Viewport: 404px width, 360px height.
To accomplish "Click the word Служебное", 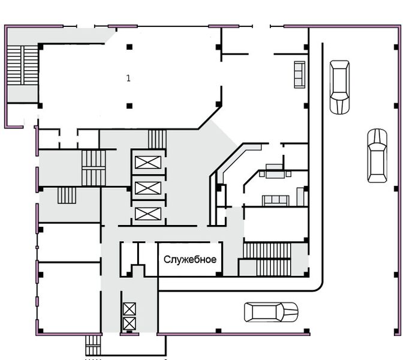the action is click(x=190, y=259).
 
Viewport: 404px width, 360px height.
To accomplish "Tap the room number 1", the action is click(x=128, y=78).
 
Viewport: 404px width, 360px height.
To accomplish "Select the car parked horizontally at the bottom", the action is click(x=271, y=312).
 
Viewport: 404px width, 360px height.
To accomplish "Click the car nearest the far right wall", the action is click(x=377, y=156).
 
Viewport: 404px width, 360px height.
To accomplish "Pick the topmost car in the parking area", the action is click(x=340, y=87).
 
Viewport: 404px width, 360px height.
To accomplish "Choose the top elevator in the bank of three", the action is click(x=148, y=163).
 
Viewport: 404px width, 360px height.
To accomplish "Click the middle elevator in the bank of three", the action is click(x=148, y=188).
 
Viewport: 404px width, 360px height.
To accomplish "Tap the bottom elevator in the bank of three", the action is click(x=148, y=214).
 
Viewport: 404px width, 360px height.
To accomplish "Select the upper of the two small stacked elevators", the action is click(x=129, y=309).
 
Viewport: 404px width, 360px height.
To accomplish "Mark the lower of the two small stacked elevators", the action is click(x=129, y=324).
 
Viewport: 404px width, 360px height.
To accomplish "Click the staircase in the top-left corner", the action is click(x=22, y=65).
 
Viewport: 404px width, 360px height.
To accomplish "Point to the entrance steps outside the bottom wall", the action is click(x=93, y=345).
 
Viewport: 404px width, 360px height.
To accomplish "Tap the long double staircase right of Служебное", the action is click(x=267, y=259).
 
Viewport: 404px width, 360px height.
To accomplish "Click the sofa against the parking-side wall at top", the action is click(x=300, y=74).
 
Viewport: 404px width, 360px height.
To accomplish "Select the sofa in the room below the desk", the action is click(x=276, y=200).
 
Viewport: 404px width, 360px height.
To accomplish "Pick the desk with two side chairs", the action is click(x=275, y=171).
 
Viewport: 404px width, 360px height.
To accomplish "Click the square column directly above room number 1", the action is click(x=129, y=47).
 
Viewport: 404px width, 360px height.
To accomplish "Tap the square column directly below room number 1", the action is click(x=129, y=106).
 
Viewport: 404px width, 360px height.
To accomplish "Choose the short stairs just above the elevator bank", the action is click(x=157, y=139).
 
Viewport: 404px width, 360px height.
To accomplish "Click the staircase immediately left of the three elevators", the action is click(x=94, y=168).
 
